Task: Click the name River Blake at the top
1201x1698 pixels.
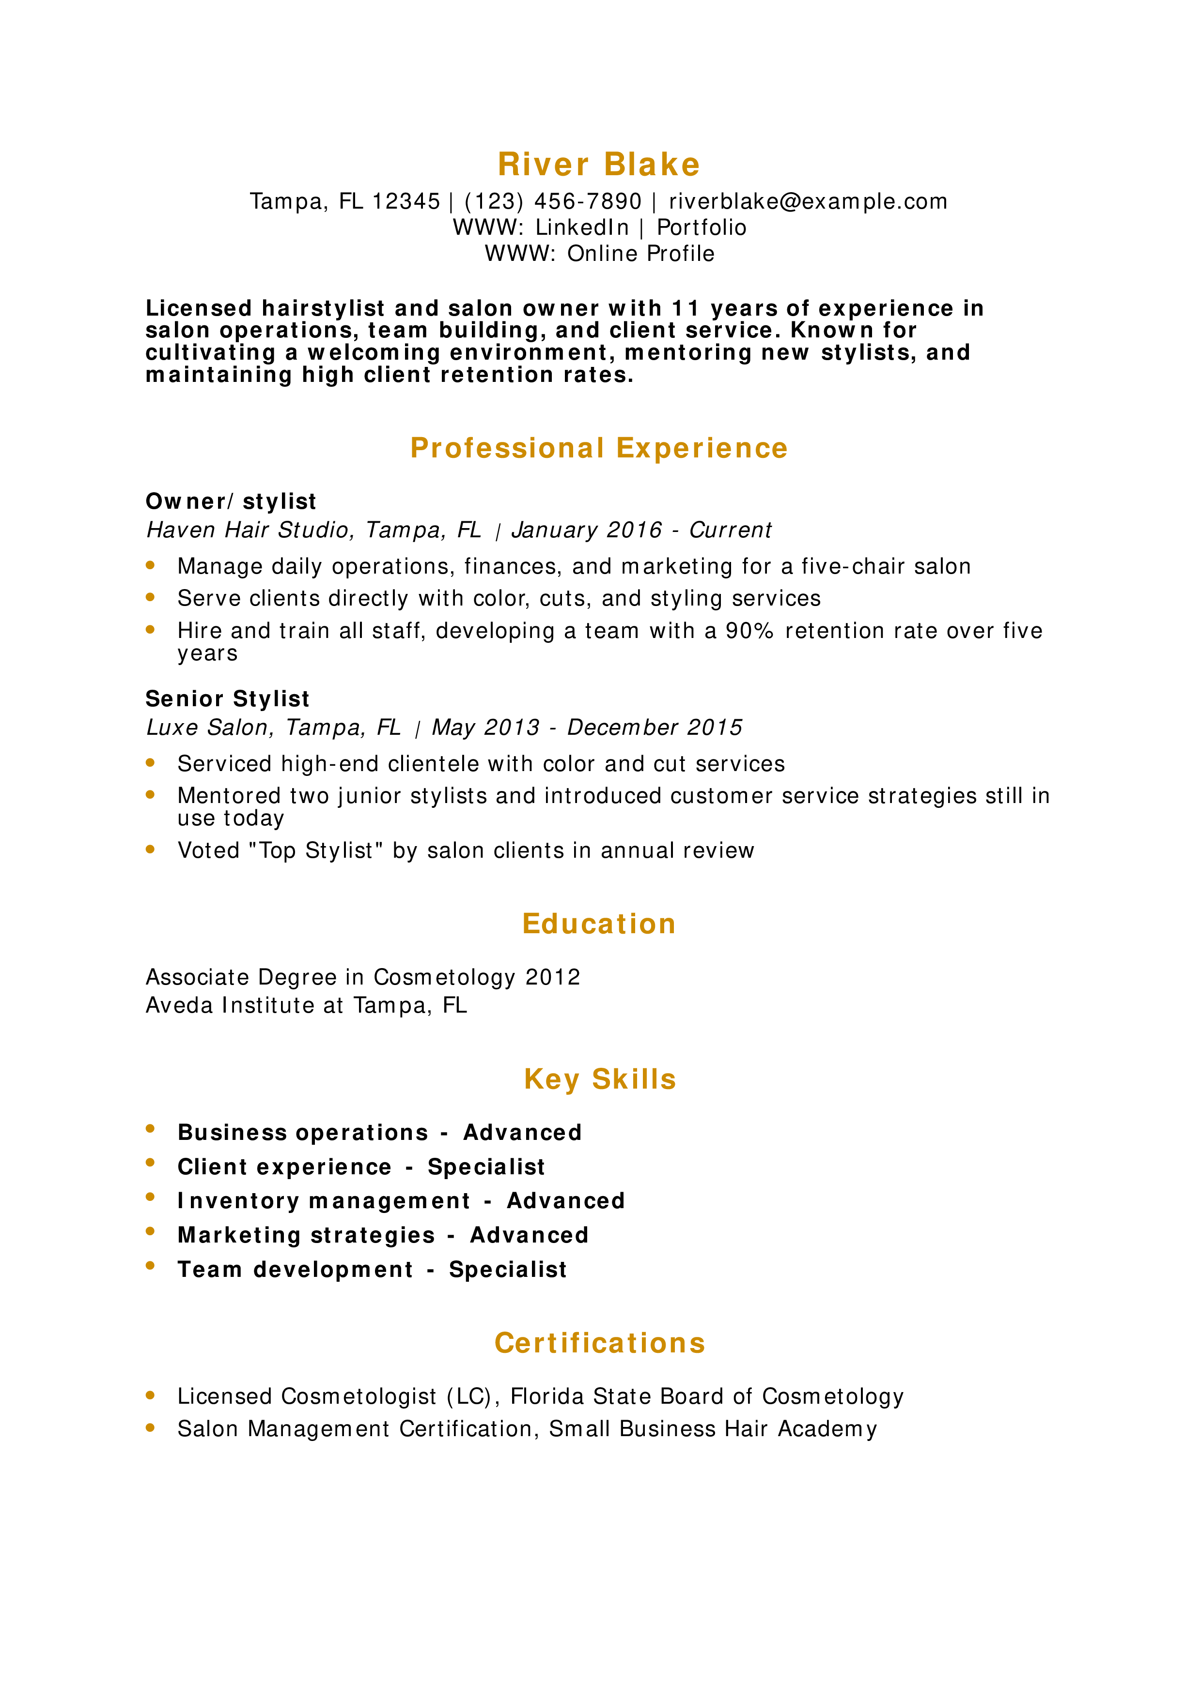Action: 599,164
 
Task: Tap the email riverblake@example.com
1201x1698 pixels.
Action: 808,201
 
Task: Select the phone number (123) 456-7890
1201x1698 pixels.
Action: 553,201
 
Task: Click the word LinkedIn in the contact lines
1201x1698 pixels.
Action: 582,227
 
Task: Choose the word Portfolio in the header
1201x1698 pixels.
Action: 702,227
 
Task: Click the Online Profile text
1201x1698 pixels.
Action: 641,254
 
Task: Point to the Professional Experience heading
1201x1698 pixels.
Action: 599,448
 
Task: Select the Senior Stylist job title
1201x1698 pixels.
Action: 227,699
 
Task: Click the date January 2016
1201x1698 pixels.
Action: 587,530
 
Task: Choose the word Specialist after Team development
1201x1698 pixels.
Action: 508,1270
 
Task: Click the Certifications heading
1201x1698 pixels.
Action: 599,1344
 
